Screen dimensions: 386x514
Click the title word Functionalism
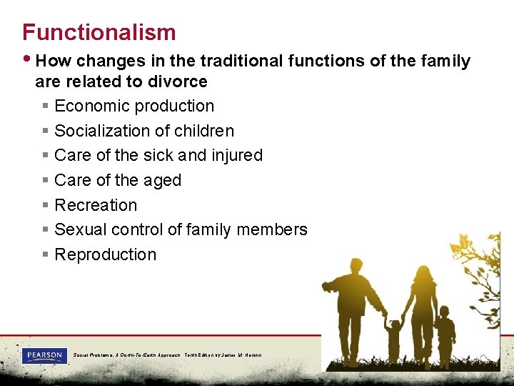[x=99, y=32]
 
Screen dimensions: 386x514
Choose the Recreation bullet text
[x=96, y=205]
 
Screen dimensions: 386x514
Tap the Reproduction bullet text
[x=105, y=254]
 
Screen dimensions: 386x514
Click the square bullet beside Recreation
[x=45, y=206]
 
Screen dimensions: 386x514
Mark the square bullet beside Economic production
[x=45, y=107]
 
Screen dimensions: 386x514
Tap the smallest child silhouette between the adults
[x=393, y=342]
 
